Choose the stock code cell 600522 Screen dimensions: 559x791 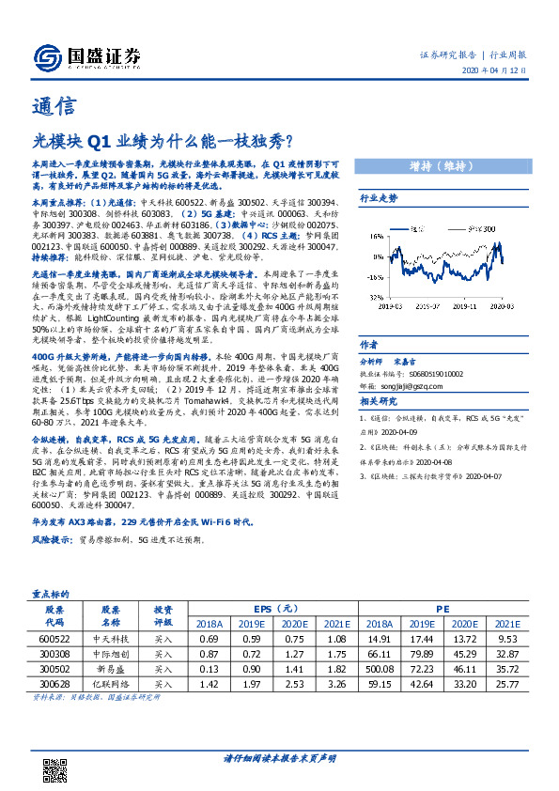pos(54,639)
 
